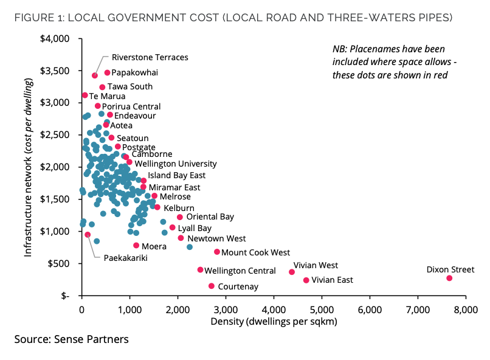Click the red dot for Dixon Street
tap(449, 278)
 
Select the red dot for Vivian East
tap(306, 280)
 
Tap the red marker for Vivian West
tap(292, 272)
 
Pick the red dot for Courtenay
tap(212, 286)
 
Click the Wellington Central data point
tap(201, 270)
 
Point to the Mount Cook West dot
tap(217, 252)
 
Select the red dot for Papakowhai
tap(108, 73)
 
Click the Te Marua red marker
tap(85, 95)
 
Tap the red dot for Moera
tap(136, 246)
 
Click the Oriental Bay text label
tap(210, 216)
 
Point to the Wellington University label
tap(175, 164)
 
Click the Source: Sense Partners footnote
tap(72, 339)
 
